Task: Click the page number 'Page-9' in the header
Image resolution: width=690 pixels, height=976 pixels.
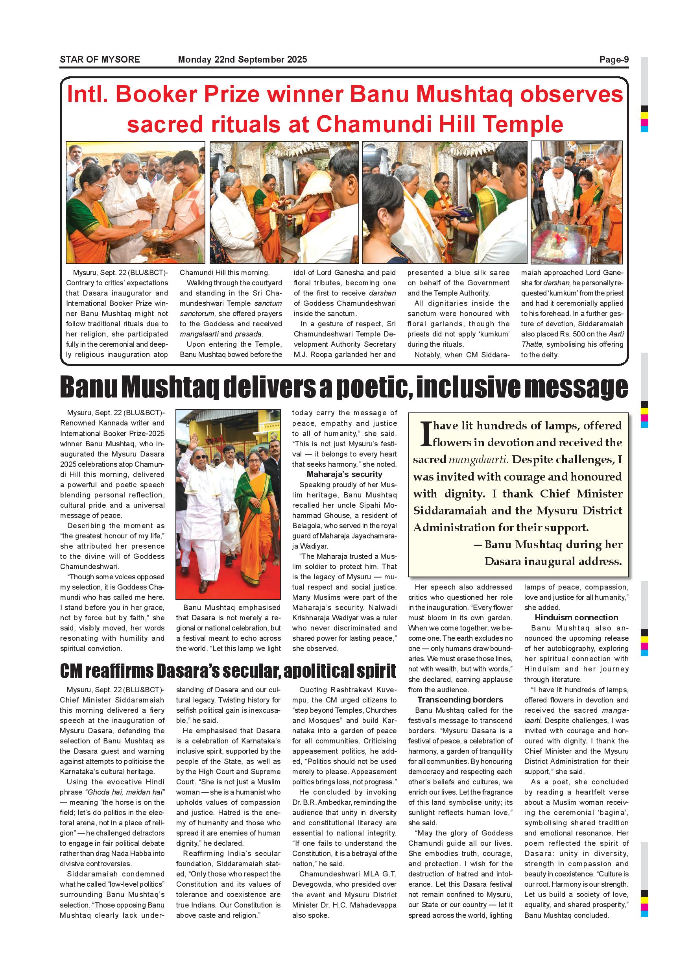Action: click(614, 59)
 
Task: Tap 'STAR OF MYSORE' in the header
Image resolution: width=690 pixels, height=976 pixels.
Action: click(100, 59)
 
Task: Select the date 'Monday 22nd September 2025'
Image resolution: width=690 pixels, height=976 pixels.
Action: click(242, 59)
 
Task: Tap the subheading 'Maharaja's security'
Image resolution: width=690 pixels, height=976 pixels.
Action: click(344, 474)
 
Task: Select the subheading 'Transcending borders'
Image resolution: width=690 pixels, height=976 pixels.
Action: click(460, 700)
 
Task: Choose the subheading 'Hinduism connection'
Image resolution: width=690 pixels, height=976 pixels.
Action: click(576, 617)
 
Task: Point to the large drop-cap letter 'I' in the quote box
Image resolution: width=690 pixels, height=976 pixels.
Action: click(425, 434)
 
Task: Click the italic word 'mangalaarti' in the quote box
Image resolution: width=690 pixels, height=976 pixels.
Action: click(478, 460)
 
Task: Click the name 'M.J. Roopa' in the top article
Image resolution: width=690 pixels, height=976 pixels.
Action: click(312, 355)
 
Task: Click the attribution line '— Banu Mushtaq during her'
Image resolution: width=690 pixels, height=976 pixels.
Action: click(548, 545)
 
